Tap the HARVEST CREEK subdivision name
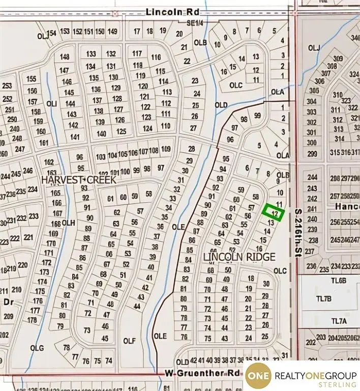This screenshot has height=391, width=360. [79, 180]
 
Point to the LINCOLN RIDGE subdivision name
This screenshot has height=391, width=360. [239, 257]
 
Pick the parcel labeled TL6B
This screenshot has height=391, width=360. [338, 281]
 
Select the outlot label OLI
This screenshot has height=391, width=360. [51, 103]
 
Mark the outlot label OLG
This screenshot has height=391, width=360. [38, 348]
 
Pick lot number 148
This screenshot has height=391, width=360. [65, 57]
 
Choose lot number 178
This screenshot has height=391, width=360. [33, 320]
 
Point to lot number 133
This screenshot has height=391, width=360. [91, 54]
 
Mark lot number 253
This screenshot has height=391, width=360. [7, 86]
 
